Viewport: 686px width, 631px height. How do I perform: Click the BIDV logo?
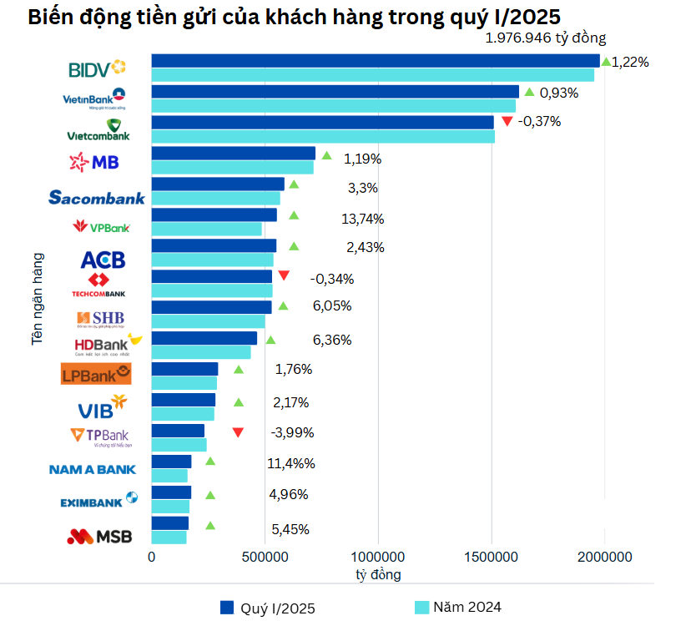pos(97,68)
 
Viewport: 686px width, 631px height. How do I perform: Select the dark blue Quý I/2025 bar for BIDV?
pos(375,61)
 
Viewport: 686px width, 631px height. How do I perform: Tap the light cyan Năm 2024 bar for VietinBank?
pos(333,106)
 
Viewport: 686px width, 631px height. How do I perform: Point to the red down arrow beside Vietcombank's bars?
pos(507,122)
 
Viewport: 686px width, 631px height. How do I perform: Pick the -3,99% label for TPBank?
pos(293,432)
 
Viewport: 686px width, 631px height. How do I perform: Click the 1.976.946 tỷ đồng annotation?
pos(546,38)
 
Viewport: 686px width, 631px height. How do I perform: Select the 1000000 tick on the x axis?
pos(378,557)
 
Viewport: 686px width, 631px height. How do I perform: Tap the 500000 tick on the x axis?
pos(265,557)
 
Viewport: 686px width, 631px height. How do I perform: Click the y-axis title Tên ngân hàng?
pos(37,299)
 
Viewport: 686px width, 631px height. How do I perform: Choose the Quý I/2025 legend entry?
pos(267,608)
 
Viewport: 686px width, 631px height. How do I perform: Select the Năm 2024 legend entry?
pos(458,607)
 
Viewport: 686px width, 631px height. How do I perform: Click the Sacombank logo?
pos(97,198)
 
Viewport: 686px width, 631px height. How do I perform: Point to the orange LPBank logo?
pos(97,374)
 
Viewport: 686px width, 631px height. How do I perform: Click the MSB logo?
pos(99,537)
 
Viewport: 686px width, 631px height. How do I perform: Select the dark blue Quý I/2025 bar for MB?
pos(233,153)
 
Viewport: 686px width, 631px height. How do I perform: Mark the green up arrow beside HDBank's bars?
pos(270,341)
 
